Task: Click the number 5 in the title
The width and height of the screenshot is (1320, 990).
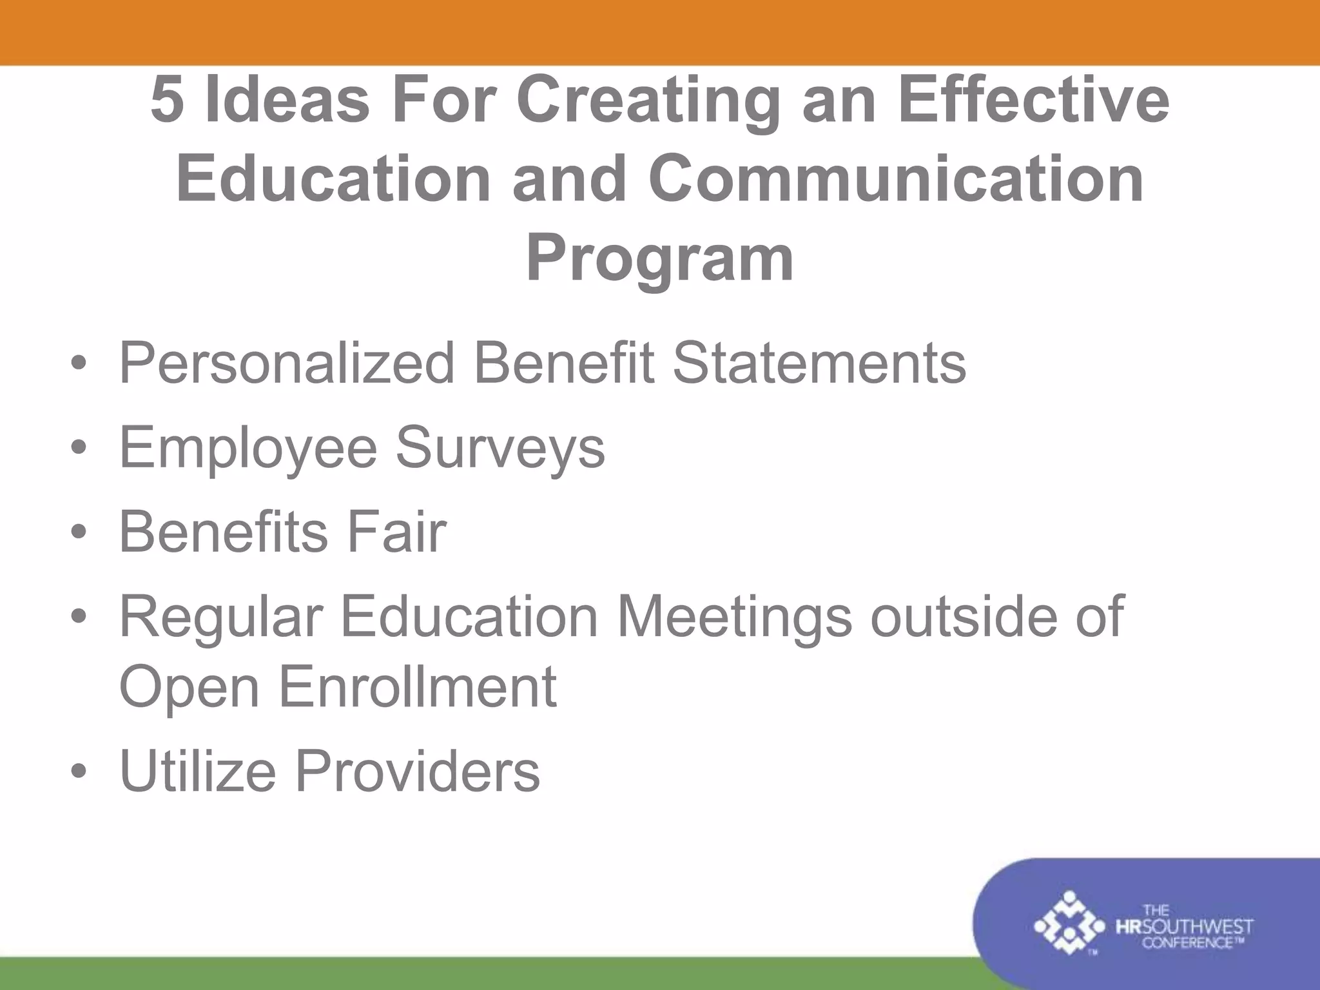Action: tap(166, 100)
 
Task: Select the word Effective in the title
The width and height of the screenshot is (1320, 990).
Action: tap(1033, 100)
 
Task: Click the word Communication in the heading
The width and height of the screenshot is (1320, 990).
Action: tap(896, 179)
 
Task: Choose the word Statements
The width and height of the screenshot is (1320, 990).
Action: tap(819, 363)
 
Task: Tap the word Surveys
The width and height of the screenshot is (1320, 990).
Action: tap(500, 449)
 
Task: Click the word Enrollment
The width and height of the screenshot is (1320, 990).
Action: tap(418, 687)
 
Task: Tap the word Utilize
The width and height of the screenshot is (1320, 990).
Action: tap(198, 771)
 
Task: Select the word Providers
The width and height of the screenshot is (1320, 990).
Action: tap(418, 771)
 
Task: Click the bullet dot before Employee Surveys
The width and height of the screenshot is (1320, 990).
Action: tap(79, 449)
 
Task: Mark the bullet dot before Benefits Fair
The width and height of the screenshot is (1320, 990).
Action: tap(79, 533)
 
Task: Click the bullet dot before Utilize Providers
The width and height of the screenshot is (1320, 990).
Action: tap(79, 772)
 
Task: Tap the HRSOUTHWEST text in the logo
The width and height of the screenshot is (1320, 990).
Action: tap(1184, 927)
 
